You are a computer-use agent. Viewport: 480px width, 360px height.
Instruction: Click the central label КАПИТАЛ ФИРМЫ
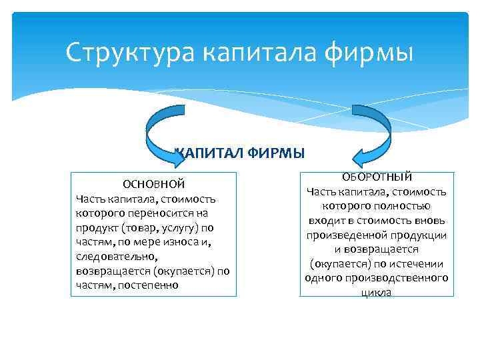click(x=239, y=153)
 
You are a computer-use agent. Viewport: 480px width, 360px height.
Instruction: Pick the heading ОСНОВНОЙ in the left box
click(x=153, y=184)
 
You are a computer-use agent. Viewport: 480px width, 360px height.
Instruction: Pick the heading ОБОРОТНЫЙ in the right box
click(x=377, y=177)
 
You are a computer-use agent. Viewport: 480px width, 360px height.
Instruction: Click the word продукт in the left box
click(x=97, y=227)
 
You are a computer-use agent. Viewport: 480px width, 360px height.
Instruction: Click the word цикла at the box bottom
click(x=377, y=292)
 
